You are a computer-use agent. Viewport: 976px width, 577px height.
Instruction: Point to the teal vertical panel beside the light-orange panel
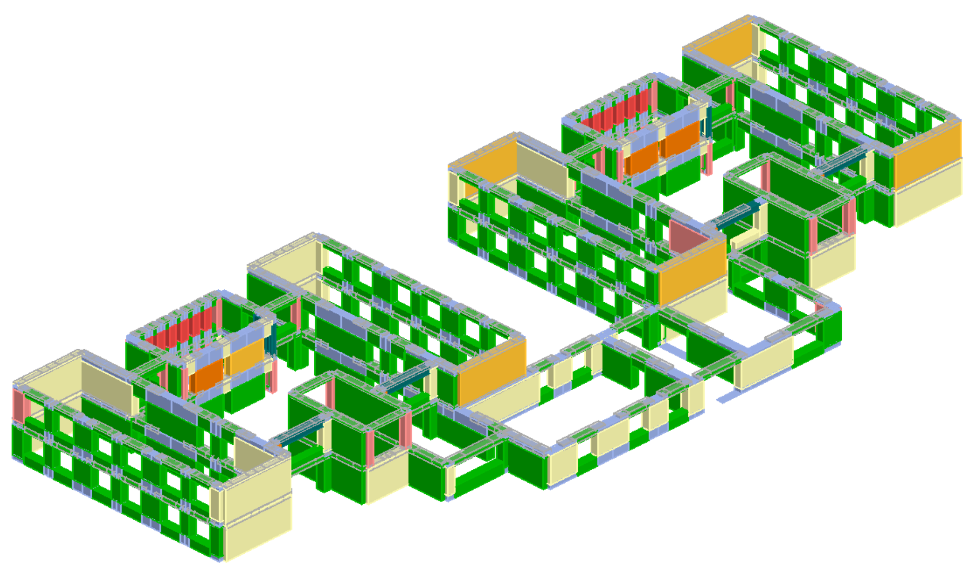click(x=273, y=339)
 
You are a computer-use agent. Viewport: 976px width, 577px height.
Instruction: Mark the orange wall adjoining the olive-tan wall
click(x=490, y=158)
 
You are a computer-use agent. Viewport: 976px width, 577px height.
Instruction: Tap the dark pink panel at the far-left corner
click(x=18, y=405)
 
